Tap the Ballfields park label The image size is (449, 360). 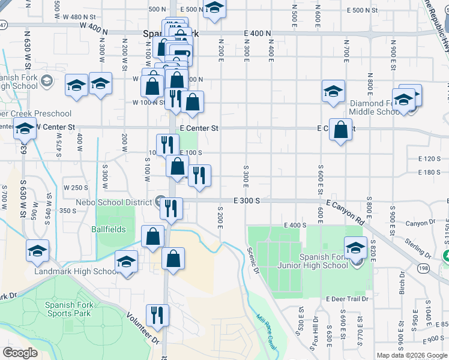(x=109, y=229)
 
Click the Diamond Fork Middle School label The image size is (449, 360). (x=375, y=107)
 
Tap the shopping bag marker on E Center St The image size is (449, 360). (x=340, y=130)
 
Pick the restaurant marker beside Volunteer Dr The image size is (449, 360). (x=157, y=315)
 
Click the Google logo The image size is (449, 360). (x=20, y=353)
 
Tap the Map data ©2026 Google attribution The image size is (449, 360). (x=412, y=355)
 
